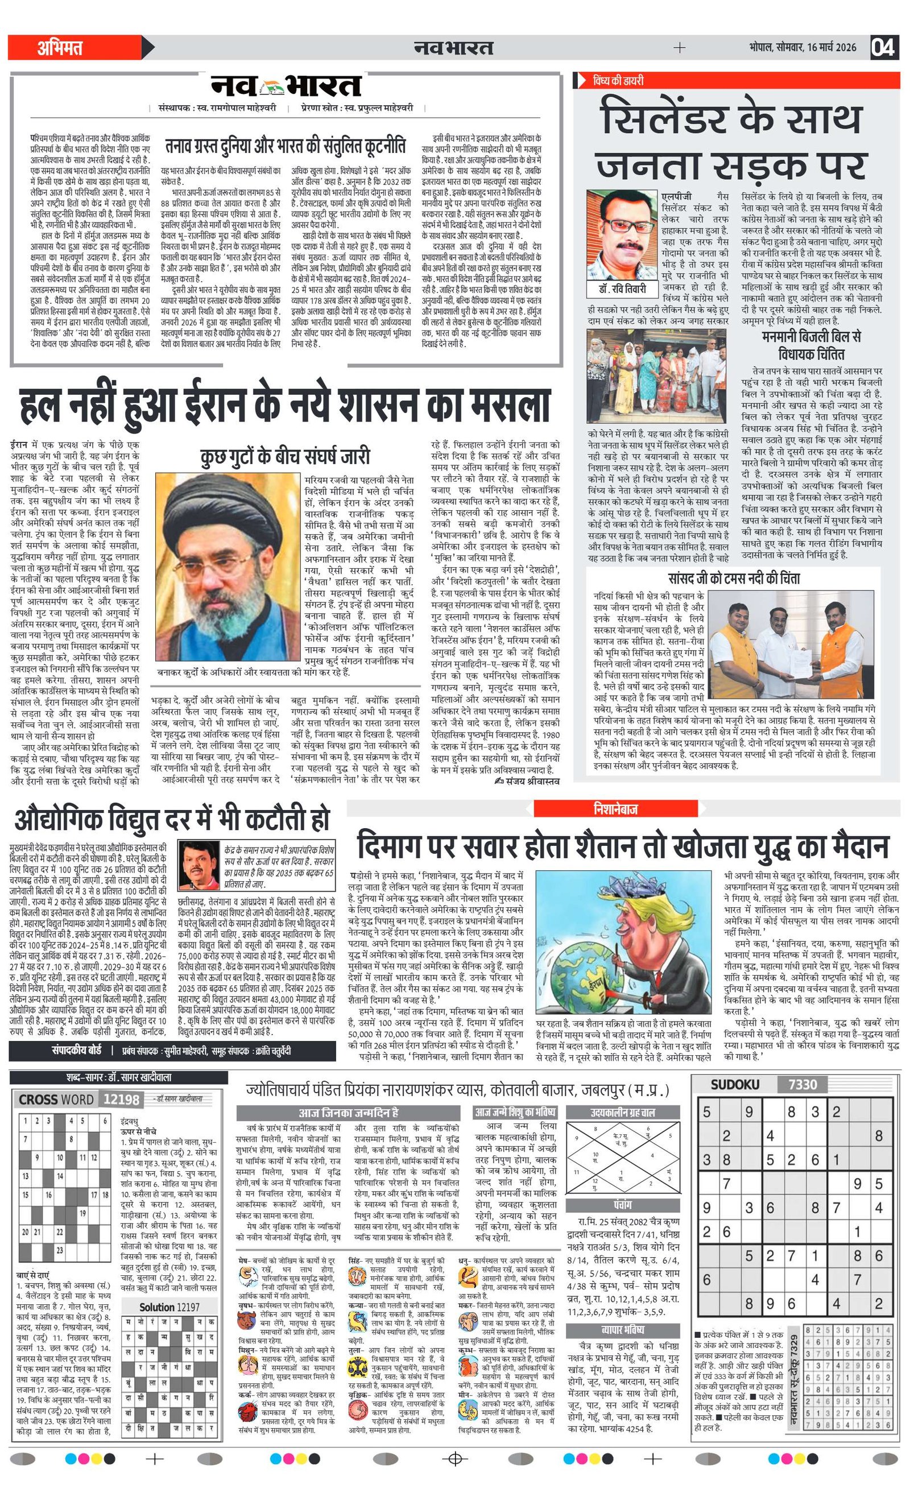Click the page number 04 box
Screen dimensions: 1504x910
point(883,47)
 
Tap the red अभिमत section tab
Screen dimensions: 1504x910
point(60,48)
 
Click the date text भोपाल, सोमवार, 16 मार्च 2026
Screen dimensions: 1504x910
point(802,48)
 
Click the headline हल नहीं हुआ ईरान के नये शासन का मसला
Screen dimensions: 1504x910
point(286,406)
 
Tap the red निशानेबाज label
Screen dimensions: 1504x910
point(615,809)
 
